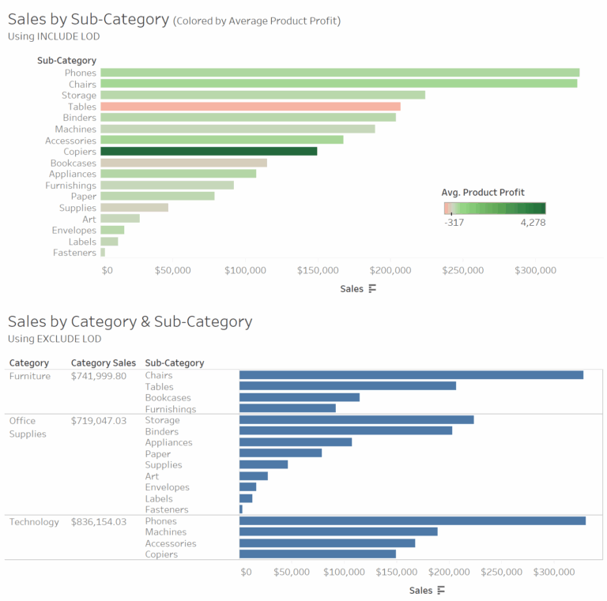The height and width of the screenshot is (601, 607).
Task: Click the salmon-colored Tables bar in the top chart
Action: click(250, 107)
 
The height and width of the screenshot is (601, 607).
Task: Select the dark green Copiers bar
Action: click(209, 152)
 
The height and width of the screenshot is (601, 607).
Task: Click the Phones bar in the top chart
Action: click(340, 73)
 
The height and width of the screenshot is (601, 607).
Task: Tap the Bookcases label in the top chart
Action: click(73, 163)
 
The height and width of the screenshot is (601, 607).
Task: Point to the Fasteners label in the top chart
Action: click(74, 253)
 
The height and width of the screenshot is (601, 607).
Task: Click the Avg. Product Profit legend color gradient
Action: click(495, 208)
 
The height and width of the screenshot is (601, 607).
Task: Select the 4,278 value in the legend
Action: click(532, 223)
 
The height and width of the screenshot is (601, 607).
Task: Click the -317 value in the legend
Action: click(454, 223)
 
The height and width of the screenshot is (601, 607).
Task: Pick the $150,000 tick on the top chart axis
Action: click(319, 271)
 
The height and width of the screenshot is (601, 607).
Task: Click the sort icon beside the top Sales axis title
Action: click(373, 289)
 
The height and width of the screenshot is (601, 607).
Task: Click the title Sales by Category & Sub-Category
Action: click(130, 321)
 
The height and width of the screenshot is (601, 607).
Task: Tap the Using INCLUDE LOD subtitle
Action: click(54, 36)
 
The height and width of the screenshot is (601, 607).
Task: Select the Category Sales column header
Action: click(103, 363)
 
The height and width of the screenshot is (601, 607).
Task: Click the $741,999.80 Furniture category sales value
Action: click(99, 376)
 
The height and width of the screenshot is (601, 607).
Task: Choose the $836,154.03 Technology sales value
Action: click(99, 522)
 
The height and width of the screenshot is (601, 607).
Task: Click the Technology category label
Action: click(34, 522)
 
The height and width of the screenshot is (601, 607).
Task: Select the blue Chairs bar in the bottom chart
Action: click(411, 375)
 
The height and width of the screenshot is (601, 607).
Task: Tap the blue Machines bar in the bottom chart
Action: click(338, 532)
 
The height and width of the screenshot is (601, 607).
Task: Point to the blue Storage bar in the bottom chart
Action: click(356, 420)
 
